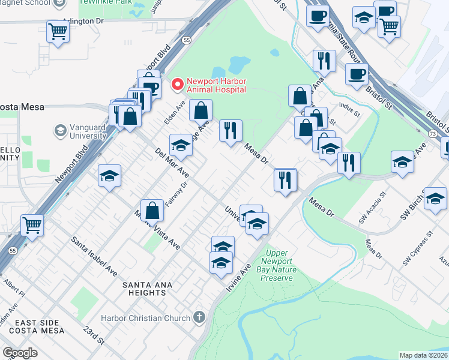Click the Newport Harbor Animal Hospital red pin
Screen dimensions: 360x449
tap(178, 85)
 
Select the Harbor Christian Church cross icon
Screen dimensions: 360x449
tap(199, 317)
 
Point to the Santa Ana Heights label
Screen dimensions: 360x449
tap(143, 288)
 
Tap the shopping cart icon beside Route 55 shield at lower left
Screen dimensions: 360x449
tap(32, 225)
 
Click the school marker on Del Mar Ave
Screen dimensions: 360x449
tap(181, 145)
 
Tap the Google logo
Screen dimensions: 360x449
tap(20, 353)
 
